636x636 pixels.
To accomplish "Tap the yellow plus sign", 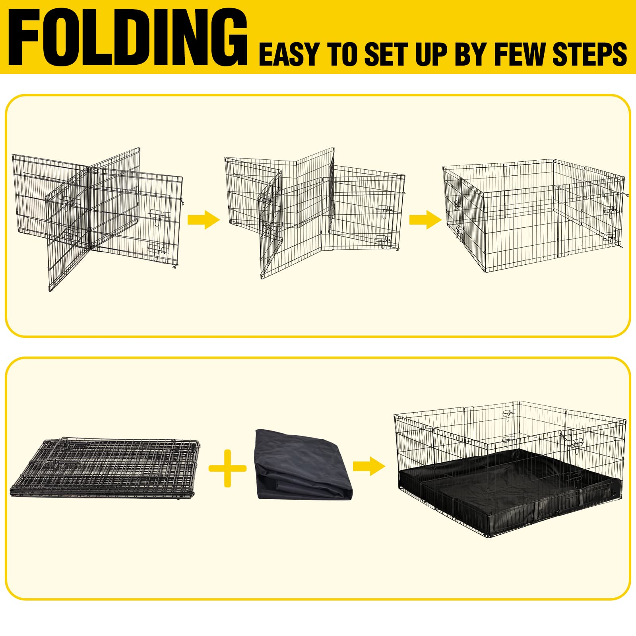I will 227,468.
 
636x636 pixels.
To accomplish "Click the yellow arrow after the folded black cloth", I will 368,466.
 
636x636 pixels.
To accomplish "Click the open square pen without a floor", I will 533,215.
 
